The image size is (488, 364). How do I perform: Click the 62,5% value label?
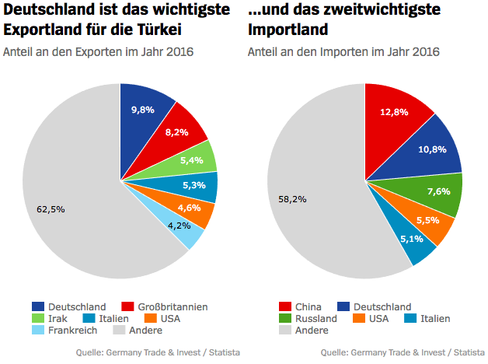point(51,208)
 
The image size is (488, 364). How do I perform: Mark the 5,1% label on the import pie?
point(413,240)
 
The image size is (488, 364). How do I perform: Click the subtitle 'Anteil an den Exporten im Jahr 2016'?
point(98,52)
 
